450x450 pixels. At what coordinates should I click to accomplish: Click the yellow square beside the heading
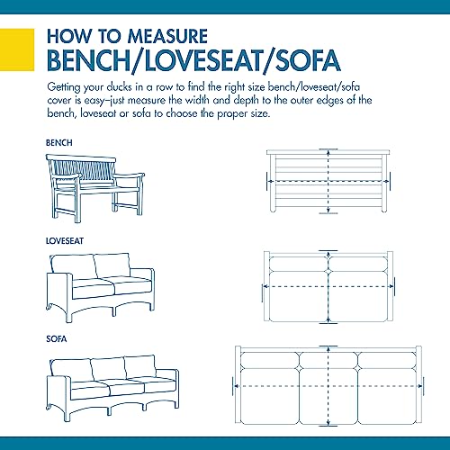[x=17, y=49]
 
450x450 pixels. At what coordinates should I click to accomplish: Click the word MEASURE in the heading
[x=167, y=36]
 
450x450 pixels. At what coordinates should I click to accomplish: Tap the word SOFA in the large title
[x=308, y=60]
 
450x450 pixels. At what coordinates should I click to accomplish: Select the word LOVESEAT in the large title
[x=203, y=60]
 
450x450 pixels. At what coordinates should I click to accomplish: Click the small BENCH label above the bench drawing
[x=59, y=143]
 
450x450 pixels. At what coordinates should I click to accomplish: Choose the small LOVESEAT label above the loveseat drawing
[x=65, y=241]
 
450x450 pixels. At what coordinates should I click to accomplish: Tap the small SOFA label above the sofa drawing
[x=57, y=339]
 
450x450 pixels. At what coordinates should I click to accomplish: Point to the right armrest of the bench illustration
[x=130, y=175]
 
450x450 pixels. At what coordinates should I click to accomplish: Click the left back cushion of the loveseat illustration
[x=74, y=267]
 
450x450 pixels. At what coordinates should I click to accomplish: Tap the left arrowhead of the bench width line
[x=270, y=182]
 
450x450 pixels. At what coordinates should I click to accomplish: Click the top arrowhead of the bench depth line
[x=328, y=152]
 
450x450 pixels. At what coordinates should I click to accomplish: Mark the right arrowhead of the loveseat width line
[x=391, y=287]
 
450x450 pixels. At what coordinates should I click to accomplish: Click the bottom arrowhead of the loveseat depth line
[x=328, y=320]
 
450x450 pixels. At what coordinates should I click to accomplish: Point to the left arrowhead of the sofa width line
[x=237, y=386]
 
